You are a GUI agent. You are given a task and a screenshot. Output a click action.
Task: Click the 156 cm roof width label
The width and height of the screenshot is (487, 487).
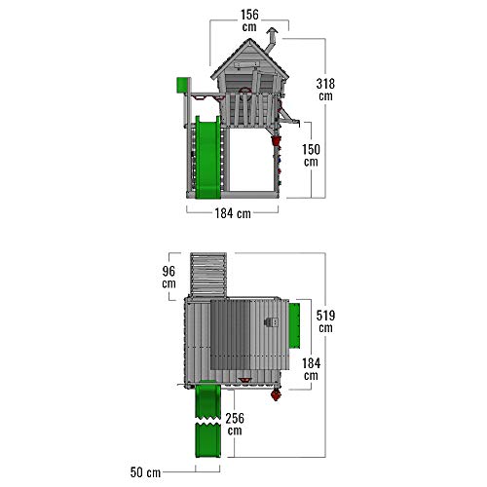pyautogui.click(x=249, y=20)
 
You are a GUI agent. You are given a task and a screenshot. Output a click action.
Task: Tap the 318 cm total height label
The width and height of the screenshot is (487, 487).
pyautogui.click(x=325, y=90)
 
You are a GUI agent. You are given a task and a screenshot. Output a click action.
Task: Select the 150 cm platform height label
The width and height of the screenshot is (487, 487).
pyautogui.click(x=311, y=156)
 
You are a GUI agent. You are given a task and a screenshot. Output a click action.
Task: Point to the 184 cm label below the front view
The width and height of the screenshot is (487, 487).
pyautogui.click(x=233, y=213)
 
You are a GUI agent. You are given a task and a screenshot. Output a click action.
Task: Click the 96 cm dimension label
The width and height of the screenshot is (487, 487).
pyautogui.click(x=169, y=277)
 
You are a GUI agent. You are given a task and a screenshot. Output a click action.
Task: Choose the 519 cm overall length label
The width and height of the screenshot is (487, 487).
pyautogui.click(x=325, y=321)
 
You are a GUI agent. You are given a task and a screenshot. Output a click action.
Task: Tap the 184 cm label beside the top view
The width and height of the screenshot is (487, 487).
pyautogui.click(x=311, y=369)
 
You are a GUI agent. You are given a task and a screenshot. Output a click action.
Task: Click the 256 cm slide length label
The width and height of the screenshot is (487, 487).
pyautogui.click(x=235, y=424)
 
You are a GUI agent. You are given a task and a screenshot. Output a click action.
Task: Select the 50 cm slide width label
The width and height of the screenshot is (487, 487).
pyautogui.click(x=145, y=472)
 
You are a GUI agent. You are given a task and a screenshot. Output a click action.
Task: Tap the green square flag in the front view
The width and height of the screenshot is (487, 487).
pyautogui.click(x=183, y=85)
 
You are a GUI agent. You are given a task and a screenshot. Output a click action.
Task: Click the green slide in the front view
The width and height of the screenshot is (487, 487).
pyautogui.click(x=207, y=157)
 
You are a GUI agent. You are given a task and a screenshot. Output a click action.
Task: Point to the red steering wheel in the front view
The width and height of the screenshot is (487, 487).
pyautogui.click(x=244, y=91)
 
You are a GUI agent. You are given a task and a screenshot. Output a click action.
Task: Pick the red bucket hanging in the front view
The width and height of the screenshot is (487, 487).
pyautogui.click(x=276, y=141)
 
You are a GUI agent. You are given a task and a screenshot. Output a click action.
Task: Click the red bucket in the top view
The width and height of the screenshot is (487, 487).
pyautogui.click(x=276, y=395)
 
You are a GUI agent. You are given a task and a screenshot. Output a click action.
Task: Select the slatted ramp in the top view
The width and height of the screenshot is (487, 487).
pyautogui.click(x=208, y=275)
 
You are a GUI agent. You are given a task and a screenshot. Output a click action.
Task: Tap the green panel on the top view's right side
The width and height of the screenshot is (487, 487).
pyautogui.click(x=294, y=324)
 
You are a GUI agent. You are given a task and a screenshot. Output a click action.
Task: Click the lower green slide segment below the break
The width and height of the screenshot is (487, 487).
pyautogui.click(x=207, y=441)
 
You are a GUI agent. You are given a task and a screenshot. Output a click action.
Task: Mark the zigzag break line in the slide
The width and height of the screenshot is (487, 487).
pyautogui.click(x=207, y=421)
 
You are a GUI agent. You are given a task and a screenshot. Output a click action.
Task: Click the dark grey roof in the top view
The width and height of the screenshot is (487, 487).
pyautogui.click(x=230, y=335)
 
